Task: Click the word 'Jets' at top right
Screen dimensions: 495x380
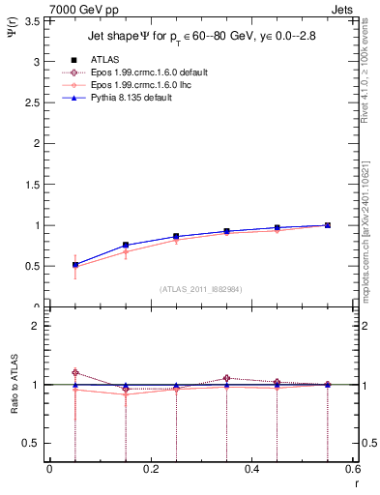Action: (344, 9)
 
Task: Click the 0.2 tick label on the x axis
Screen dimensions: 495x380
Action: (151, 469)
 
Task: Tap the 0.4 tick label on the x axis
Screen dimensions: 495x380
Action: (252, 469)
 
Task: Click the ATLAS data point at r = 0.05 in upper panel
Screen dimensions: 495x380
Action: (75, 264)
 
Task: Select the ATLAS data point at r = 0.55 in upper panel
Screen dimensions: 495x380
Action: (328, 225)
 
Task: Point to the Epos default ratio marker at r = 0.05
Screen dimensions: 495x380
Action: (75, 372)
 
